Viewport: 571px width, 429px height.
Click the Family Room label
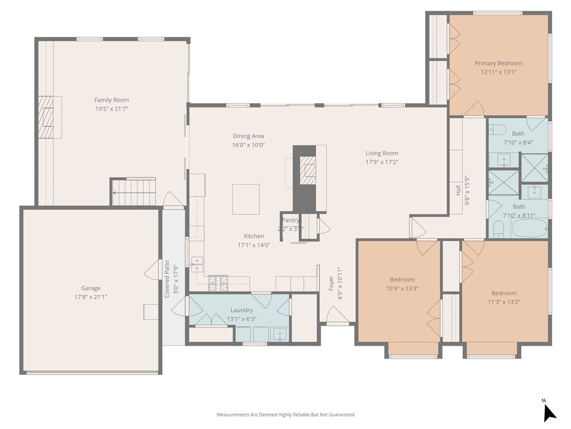tap(112, 100)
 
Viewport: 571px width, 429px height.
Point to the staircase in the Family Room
tap(133, 192)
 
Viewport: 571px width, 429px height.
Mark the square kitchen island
tap(246, 199)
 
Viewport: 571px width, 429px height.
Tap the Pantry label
tap(290, 221)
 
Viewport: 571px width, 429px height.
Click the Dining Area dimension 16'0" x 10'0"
tap(249, 145)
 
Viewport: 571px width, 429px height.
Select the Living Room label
tap(381, 153)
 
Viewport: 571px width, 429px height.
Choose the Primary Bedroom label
tap(499, 63)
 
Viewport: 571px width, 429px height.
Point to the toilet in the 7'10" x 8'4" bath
tap(497, 130)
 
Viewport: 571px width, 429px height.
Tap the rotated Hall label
tap(458, 190)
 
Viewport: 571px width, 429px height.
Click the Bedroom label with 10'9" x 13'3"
tap(402, 280)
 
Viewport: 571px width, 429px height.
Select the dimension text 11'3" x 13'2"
tap(504, 302)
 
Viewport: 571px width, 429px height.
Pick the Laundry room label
tap(241, 310)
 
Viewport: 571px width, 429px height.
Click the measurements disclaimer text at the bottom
tap(285, 414)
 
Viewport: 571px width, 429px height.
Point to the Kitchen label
tap(254, 236)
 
